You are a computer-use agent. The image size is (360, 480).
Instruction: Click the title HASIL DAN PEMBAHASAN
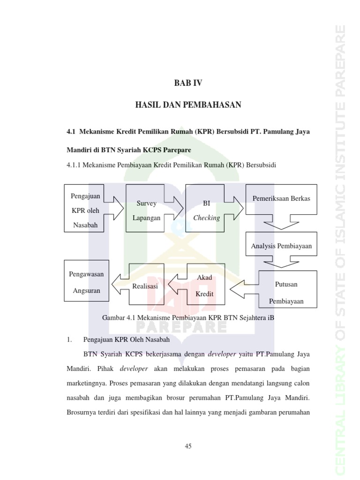coord(188,105)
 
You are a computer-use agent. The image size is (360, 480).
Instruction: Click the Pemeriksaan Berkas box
coord(281,199)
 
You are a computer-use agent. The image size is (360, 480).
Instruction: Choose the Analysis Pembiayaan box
coord(281,245)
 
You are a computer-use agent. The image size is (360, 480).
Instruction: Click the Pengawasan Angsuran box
coord(86,282)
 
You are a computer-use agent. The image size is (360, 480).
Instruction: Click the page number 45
coord(188,446)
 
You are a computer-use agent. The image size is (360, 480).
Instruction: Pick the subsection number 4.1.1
coord(75,165)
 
